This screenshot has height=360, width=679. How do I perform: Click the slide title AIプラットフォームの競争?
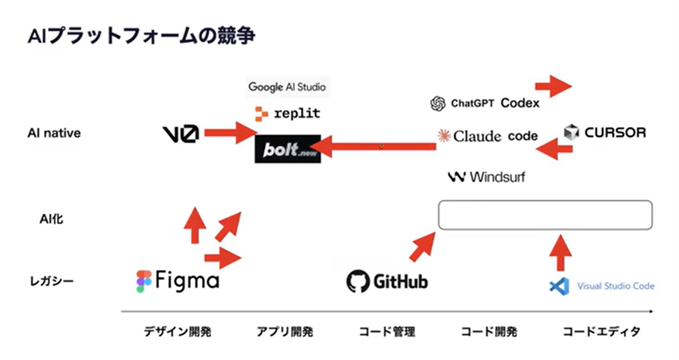coord(142,36)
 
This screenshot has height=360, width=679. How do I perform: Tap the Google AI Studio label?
coord(287,87)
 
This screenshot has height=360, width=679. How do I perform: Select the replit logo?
coord(287,114)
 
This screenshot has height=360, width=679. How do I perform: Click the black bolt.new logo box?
coord(287,149)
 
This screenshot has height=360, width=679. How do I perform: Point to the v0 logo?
coord(181,134)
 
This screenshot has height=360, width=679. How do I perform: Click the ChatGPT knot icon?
coord(437,104)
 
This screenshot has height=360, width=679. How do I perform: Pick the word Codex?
coord(520,103)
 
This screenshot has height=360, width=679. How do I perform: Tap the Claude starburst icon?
coord(444,136)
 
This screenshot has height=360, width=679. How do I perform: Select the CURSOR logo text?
coord(615,133)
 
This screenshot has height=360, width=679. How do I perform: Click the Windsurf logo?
coord(487,177)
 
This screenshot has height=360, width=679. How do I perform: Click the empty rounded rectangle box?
coord(545,215)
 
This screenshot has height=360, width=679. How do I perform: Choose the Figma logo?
coord(178,281)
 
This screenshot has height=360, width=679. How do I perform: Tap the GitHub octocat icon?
coord(358,281)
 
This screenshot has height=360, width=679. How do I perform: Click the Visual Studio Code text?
coord(616,286)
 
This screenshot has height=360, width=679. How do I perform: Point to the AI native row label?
coord(54,133)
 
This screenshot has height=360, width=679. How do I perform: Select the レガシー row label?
coord(52,281)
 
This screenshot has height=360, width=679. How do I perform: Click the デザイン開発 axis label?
coord(177,331)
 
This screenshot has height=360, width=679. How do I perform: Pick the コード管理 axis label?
coord(387,331)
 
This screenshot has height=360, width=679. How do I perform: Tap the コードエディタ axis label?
coord(601,331)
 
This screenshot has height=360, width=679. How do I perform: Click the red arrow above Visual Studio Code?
coord(561,253)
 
